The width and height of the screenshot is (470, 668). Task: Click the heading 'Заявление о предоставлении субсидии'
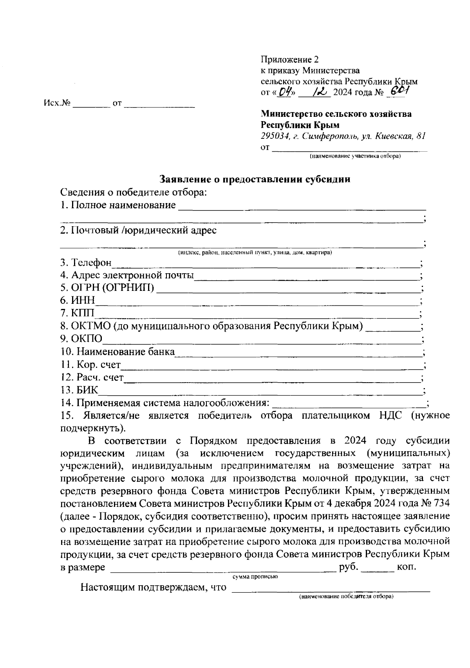pos(255,180)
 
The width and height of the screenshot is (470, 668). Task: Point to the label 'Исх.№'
pos(57,103)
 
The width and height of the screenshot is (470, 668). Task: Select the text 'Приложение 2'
pos(290,60)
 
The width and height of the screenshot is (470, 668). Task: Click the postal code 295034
pos(274,136)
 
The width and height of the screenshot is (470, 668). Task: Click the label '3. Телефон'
pos(86,262)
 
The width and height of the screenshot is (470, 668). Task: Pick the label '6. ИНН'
pos(78,300)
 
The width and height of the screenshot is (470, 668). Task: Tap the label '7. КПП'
pos(78,313)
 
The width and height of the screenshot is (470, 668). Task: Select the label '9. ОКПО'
pos(81,339)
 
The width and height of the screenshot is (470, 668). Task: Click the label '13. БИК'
pos(80,390)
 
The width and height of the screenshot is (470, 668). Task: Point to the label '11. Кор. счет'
pos(90,365)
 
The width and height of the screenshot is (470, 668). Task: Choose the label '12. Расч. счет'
pos(92,378)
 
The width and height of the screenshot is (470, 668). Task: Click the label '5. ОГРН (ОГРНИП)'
pos(107,288)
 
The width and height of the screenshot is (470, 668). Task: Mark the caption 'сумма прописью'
pos(255,577)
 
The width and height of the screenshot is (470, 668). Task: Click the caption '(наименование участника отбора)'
pos(355,156)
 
